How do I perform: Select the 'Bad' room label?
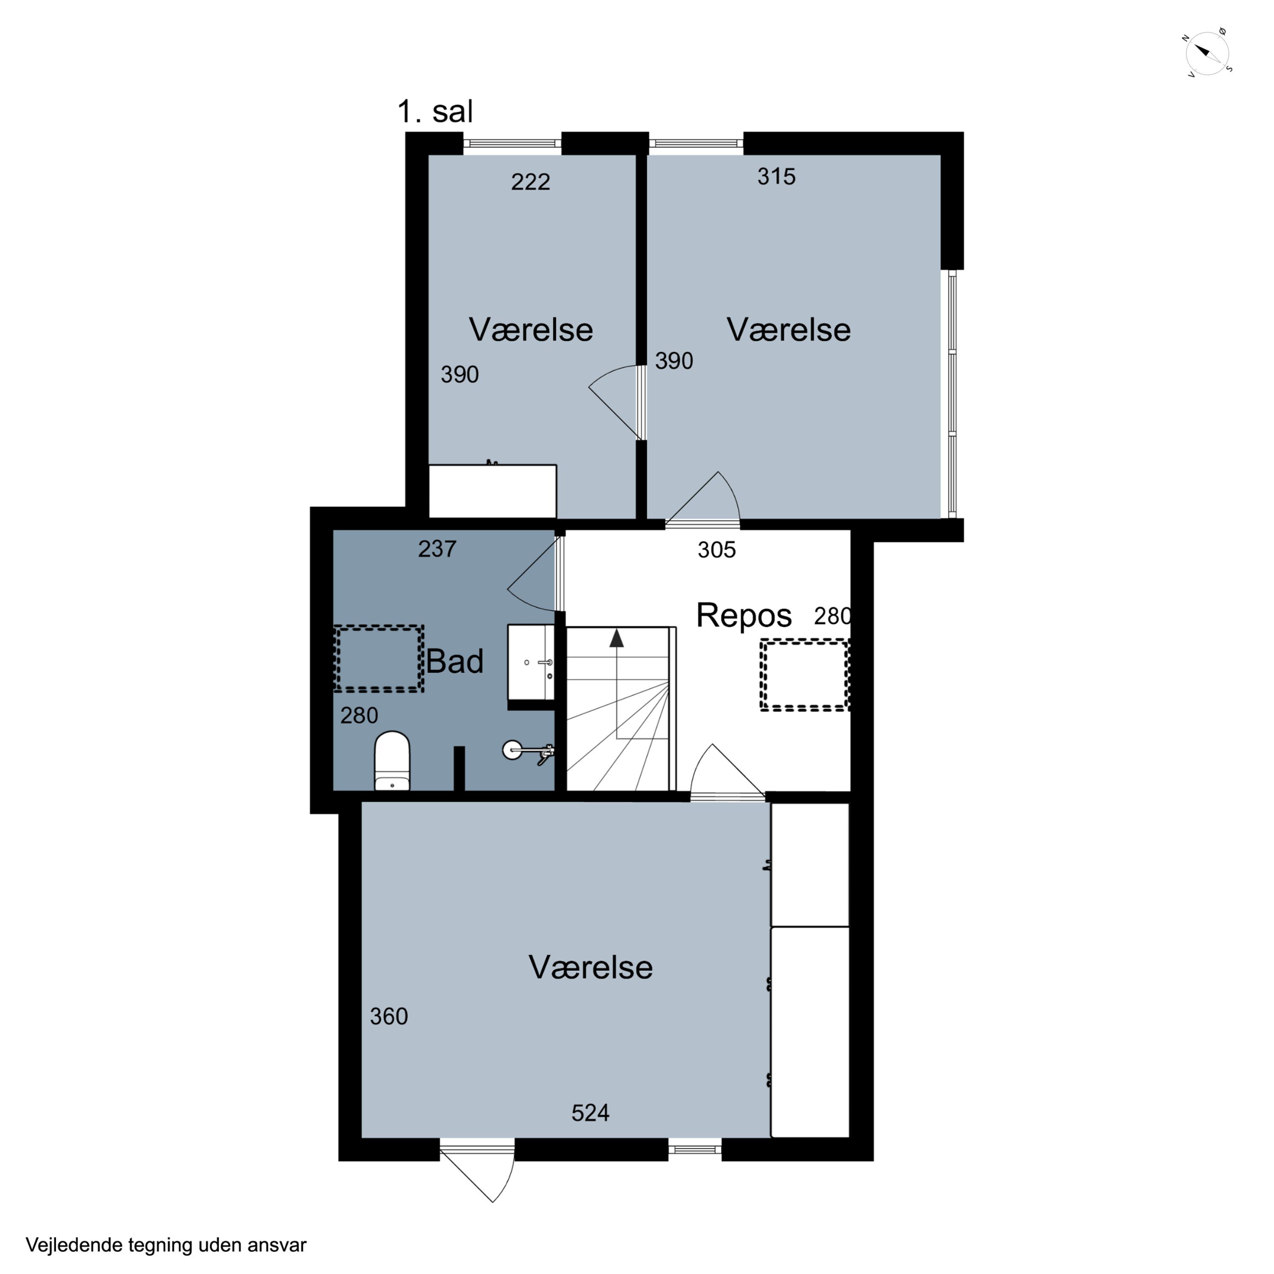454,661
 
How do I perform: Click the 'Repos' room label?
744,616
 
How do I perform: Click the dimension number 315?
776,177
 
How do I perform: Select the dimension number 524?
590,1113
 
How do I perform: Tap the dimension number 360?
389,1016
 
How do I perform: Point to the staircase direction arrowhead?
617,638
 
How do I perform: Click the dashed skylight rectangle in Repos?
804,675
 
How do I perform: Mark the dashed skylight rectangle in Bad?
378,659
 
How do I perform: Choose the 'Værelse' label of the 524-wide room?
590,967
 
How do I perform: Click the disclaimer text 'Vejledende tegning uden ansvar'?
166,1245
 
